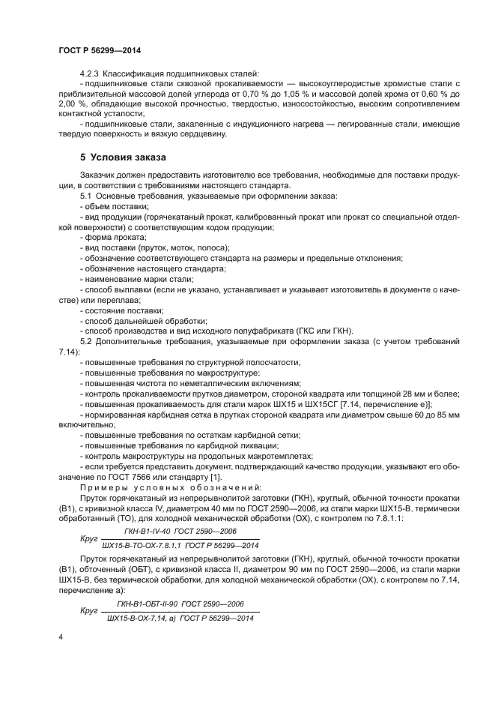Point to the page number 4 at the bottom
[x=60, y=637]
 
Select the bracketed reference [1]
[x=216, y=477]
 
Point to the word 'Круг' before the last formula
[x=89, y=611]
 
